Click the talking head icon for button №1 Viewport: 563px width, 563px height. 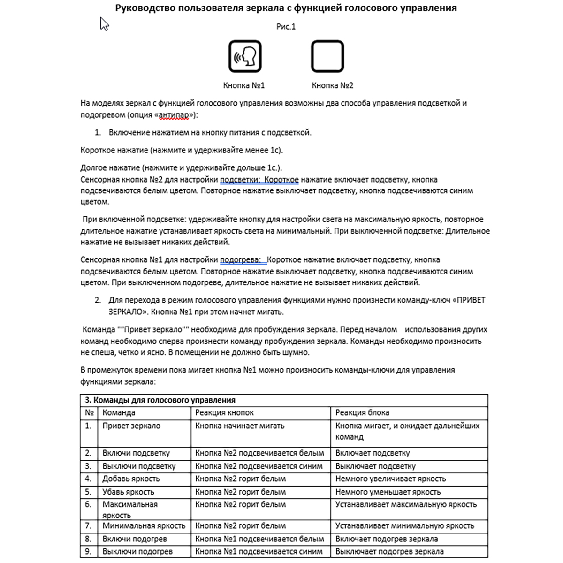point(245,56)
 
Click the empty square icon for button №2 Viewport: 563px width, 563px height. point(327,56)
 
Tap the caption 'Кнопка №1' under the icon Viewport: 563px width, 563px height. point(244,85)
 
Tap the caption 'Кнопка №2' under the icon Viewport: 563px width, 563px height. point(333,85)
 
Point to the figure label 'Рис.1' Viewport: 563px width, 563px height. point(286,27)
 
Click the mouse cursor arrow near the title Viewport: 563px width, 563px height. point(104,23)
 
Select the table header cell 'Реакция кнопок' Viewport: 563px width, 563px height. point(224,413)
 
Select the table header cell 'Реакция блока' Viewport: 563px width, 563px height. point(362,413)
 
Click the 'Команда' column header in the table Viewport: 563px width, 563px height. point(119,413)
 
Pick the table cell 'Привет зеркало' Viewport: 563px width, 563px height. point(131,426)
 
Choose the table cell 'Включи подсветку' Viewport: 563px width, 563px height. point(136,453)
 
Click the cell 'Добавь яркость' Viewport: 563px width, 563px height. point(131,479)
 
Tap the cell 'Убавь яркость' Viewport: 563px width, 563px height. point(129,492)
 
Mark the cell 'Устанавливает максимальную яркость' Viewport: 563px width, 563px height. point(406,505)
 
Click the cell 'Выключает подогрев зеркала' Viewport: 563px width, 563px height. point(389,552)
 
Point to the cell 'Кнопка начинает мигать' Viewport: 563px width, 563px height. point(240,426)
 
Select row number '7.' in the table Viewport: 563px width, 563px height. point(88,526)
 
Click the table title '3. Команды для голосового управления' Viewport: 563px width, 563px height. point(160,400)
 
